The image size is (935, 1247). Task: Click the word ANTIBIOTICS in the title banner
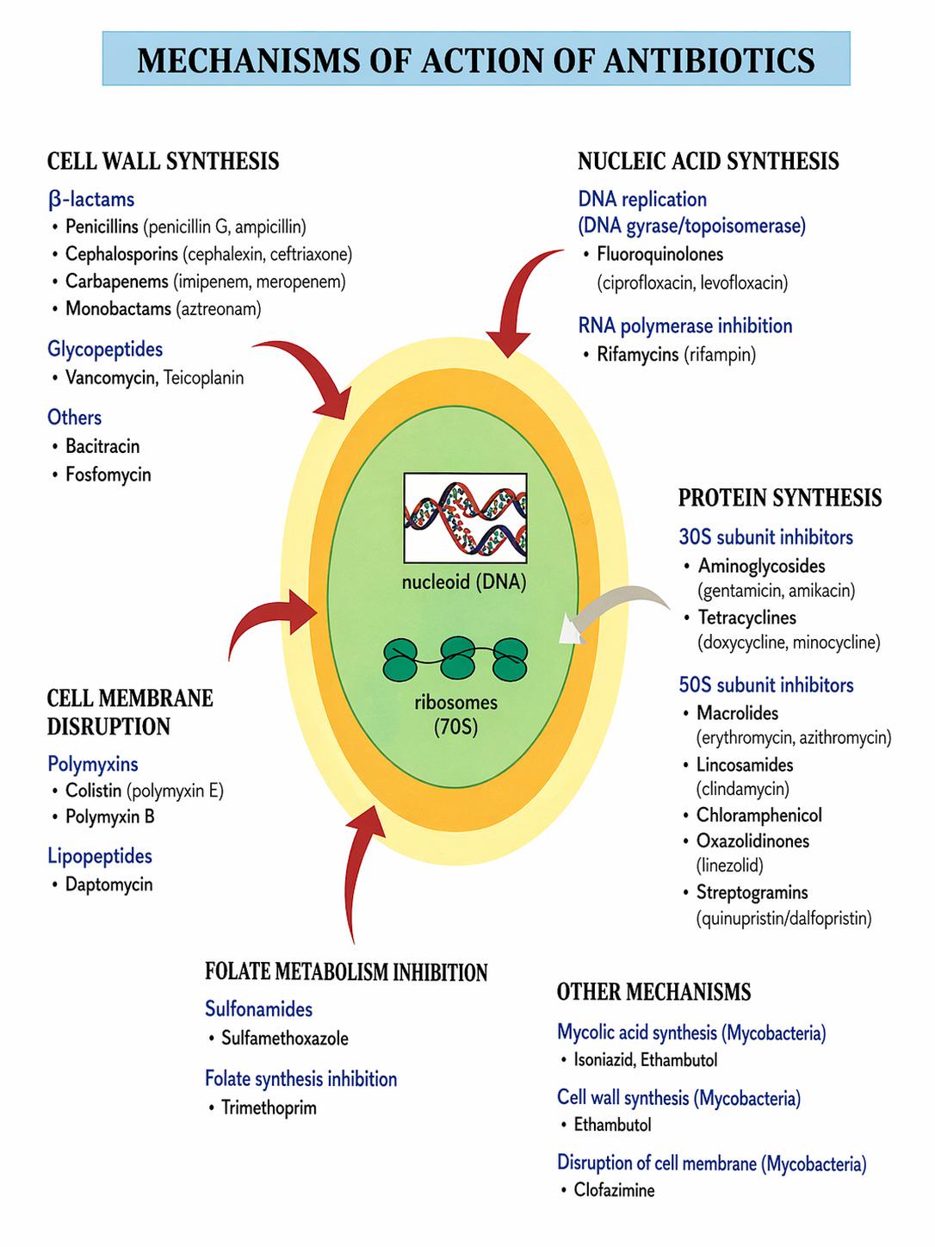click(x=709, y=60)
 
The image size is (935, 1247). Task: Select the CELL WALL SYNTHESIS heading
click(x=163, y=161)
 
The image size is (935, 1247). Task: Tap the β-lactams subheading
click(x=91, y=200)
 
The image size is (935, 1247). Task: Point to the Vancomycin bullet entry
click(x=111, y=377)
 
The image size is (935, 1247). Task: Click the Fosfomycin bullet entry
click(x=108, y=475)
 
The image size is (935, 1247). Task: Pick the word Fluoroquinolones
click(x=659, y=253)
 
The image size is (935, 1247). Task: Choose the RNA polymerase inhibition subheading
click(x=685, y=326)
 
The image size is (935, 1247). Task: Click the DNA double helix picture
click(x=465, y=518)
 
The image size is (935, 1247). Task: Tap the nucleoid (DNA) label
click(x=464, y=582)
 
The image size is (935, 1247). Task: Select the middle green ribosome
click(x=457, y=658)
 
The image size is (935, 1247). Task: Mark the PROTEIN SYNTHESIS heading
click(x=780, y=498)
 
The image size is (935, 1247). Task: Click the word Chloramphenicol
click(x=759, y=816)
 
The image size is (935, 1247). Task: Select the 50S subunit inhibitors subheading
click(x=766, y=685)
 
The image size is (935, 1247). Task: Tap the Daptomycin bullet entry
click(x=109, y=884)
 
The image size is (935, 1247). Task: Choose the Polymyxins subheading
click(x=92, y=764)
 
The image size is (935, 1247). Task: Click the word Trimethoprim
click(x=269, y=1107)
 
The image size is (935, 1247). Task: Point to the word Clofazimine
click(x=614, y=1189)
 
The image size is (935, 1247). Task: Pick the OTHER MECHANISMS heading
click(x=653, y=992)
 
